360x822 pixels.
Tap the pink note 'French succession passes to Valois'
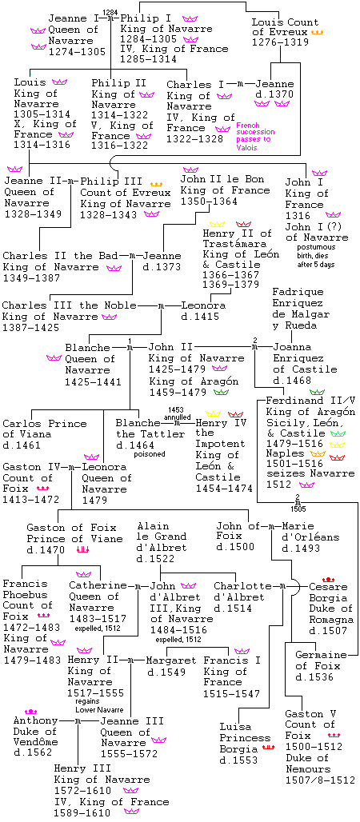[255, 137]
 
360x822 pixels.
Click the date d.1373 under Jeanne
[162, 267]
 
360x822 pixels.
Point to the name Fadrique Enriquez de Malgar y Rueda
[301, 309]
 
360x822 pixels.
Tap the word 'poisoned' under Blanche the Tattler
[149, 454]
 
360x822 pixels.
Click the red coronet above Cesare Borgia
[329, 579]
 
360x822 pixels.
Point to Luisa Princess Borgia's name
[238, 738]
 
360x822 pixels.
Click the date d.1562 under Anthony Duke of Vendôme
[33, 752]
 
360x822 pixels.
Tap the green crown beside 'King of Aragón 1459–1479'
[222, 392]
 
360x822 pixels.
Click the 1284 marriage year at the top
[110, 11]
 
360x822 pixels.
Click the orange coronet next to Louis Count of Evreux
[318, 33]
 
